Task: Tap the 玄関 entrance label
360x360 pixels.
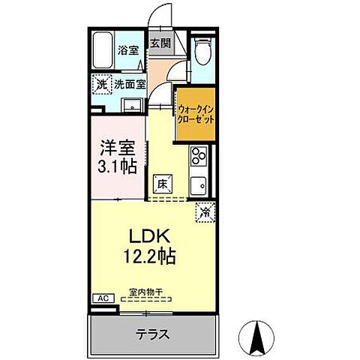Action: pyautogui.click(x=160, y=43)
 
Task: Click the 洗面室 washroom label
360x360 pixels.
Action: pyautogui.click(x=130, y=85)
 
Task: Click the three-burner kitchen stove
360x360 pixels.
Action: pyautogui.click(x=199, y=157)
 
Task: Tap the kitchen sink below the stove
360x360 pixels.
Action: pyautogui.click(x=199, y=185)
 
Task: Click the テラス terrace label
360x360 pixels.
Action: pyautogui.click(x=153, y=333)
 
